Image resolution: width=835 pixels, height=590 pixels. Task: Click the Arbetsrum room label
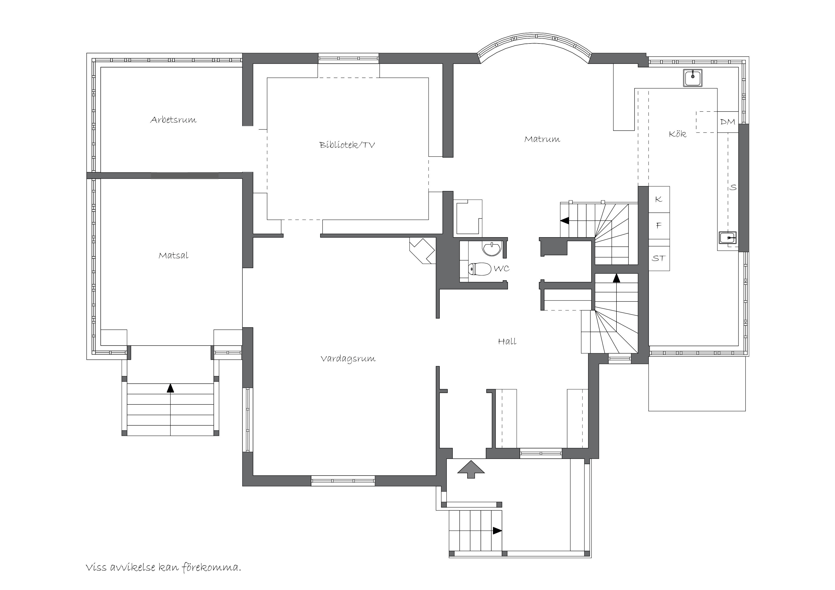point(174,120)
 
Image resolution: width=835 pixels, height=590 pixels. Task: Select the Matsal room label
point(174,255)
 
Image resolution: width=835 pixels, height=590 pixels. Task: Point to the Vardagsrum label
point(348,359)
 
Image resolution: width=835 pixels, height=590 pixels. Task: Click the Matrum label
point(542,139)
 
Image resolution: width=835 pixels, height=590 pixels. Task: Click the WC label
point(502,269)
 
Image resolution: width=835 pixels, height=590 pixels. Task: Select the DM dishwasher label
point(728,122)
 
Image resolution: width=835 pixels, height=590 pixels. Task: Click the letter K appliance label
point(659,199)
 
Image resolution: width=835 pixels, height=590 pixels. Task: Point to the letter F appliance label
point(659,225)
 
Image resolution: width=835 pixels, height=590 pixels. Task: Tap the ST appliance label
point(659,258)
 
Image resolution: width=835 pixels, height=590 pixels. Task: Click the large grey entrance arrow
point(471,469)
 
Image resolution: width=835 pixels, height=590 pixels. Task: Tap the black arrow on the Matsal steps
point(170,388)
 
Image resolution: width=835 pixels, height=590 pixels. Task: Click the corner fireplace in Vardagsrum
point(422,251)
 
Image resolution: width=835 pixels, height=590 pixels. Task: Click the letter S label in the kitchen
point(733,187)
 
